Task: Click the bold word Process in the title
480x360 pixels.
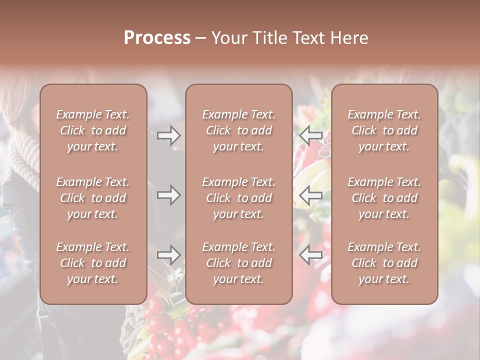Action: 157,38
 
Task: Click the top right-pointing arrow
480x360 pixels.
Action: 168,135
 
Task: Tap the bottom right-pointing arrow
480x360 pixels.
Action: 168,255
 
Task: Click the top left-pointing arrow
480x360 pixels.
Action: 311,135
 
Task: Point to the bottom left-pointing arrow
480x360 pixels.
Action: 311,255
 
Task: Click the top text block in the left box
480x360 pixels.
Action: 93,130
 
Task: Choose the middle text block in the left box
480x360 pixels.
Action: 93,198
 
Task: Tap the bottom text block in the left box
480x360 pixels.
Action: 93,263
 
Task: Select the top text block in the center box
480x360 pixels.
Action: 238,130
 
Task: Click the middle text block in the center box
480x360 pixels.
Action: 238,198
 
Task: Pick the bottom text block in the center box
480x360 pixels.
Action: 238,263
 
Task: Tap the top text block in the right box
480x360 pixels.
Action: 384,130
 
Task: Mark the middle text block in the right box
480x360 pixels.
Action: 384,198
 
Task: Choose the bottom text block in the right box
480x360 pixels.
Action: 384,263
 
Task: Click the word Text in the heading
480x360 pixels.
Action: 306,38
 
